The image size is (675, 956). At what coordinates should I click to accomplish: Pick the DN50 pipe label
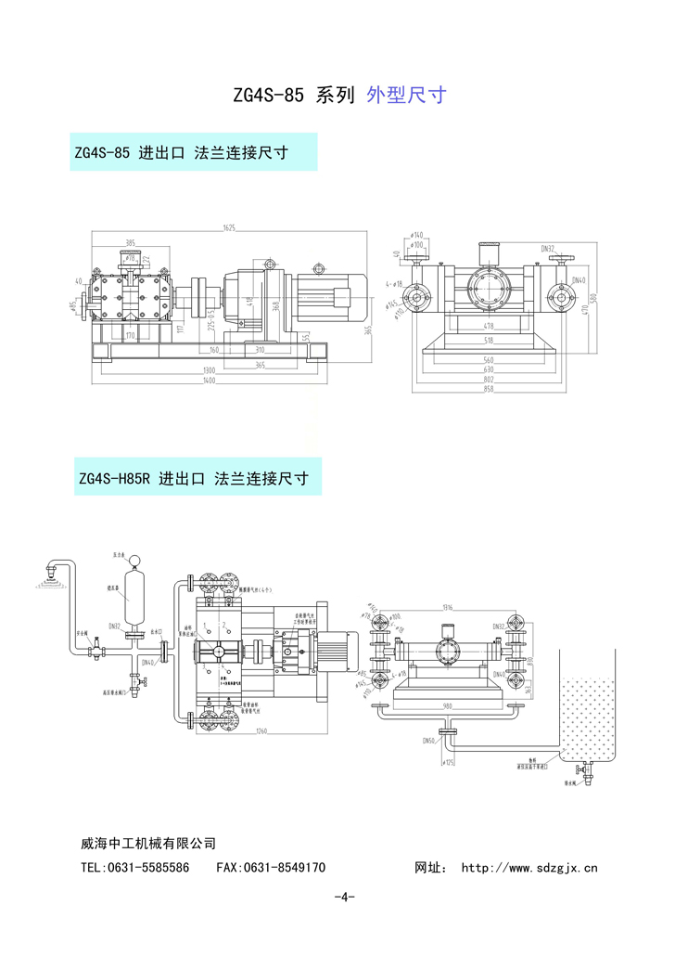(x=429, y=740)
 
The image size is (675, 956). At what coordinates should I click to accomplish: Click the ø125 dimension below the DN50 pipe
(x=449, y=763)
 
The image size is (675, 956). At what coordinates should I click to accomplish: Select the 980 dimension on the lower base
(x=447, y=705)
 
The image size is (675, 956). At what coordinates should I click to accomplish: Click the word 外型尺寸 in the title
(x=407, y=95)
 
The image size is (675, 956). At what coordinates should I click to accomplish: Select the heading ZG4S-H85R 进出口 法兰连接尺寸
(x=194, y=480)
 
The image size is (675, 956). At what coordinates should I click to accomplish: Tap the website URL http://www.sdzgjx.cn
(x=529, y=869)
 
